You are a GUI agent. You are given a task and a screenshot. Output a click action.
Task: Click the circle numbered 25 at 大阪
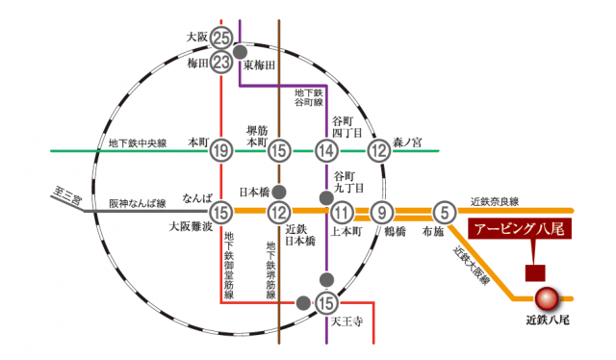coord(222,39)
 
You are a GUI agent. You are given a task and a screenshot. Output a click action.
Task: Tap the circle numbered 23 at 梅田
coord(222,63)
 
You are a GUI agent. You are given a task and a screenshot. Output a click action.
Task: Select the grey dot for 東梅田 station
coord(240,51)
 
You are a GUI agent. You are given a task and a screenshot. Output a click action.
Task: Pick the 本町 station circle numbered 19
coord(222,149)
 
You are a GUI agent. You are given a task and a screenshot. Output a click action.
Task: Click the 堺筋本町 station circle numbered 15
coord(279,149)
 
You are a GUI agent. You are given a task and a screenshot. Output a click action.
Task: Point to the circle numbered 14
coord(327,149)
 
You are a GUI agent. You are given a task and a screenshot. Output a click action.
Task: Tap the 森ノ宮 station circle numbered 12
coord(379,149)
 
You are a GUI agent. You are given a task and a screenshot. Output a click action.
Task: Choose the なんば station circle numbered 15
coord(222,213)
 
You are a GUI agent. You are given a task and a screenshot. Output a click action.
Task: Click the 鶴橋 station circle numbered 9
coord(384,213)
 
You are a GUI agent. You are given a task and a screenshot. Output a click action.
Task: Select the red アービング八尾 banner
coord(521,230)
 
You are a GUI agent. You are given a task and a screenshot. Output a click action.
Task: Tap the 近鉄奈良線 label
coord(495,201)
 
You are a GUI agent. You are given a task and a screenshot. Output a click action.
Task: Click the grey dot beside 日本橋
coord(279,192)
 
